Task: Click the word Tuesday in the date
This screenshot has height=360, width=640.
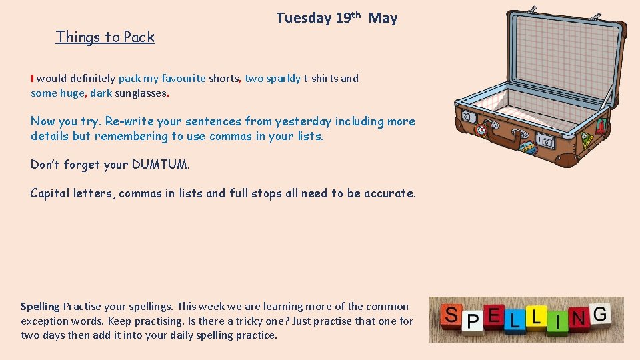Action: (x=303, y=18)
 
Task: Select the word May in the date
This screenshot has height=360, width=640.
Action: (x=383, y=18)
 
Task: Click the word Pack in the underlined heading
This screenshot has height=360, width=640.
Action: (x=139, y=37)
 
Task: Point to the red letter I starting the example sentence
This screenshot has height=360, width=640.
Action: (x=32, y=79)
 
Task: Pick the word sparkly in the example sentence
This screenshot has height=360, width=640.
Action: (x=283, y=79)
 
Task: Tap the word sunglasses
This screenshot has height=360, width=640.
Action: (x=140, y=93)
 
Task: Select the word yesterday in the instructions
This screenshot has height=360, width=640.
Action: (x=303, y=121)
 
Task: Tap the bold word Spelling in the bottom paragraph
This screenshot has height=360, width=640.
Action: (x=40, y=307)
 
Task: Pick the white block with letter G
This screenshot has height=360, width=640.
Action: (x=599, y=313)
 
